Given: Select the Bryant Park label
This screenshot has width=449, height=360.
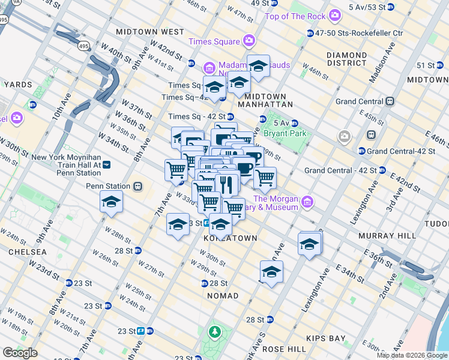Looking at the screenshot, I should pyautogui.click(x=286, y=133).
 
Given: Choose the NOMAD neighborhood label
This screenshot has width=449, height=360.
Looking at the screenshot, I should pyautogui.click(x=222, y=296).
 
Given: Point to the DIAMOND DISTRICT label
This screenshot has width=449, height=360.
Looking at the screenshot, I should pyautogui.click(x=346, y=59).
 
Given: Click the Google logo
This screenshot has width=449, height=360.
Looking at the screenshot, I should pyautogui.click(x=20, y=353).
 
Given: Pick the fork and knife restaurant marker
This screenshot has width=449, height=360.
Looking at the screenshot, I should pyautogui.click(x=226, y=183).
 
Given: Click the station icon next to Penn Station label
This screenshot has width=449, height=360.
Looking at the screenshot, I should pyautogui.click(x=138, y=187).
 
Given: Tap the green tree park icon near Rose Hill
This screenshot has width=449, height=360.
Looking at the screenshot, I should pyautogui.click(x=214, y=331).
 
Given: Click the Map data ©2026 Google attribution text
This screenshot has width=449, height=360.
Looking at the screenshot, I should pyautogui.click(x=411, y=355).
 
